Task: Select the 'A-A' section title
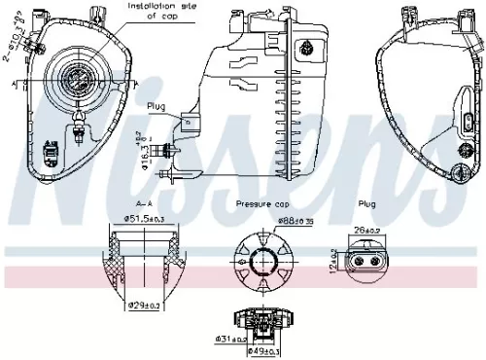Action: [144, 204]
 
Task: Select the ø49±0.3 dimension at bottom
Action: [265, 350]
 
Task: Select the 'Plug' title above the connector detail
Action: [367, 204]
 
